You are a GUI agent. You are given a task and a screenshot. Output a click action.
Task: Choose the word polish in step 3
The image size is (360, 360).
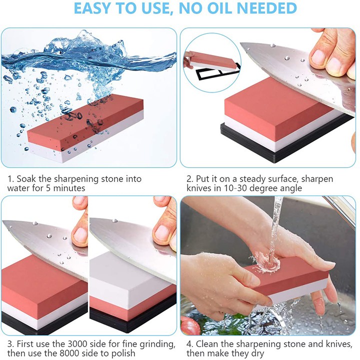[123, 353]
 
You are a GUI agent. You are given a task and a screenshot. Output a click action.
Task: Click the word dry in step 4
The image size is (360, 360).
[258, 353]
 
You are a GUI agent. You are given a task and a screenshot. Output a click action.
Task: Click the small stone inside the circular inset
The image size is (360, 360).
[212, 60]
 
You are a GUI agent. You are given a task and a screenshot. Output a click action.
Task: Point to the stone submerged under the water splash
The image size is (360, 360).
[85, 128]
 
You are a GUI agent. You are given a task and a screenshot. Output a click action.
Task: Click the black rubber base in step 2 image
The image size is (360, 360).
[282, 140]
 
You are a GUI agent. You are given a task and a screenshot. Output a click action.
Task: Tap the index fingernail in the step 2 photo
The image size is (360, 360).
[318, 56]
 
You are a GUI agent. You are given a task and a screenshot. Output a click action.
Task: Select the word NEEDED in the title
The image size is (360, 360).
[267, 8]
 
